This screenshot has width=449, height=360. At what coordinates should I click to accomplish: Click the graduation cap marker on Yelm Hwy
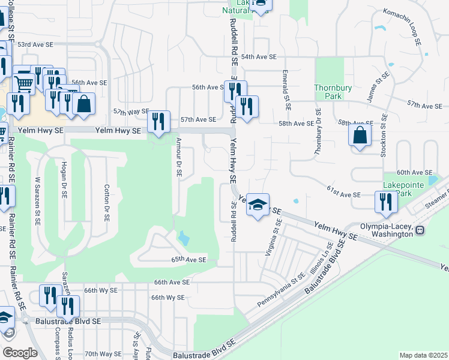[258, 205]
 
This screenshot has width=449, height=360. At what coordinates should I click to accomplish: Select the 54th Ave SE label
[258, 56]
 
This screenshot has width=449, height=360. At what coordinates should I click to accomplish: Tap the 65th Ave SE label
[188, 260]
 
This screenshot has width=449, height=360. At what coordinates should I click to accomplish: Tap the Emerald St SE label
[288, 90]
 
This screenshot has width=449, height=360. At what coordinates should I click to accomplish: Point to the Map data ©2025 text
[423, 355]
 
